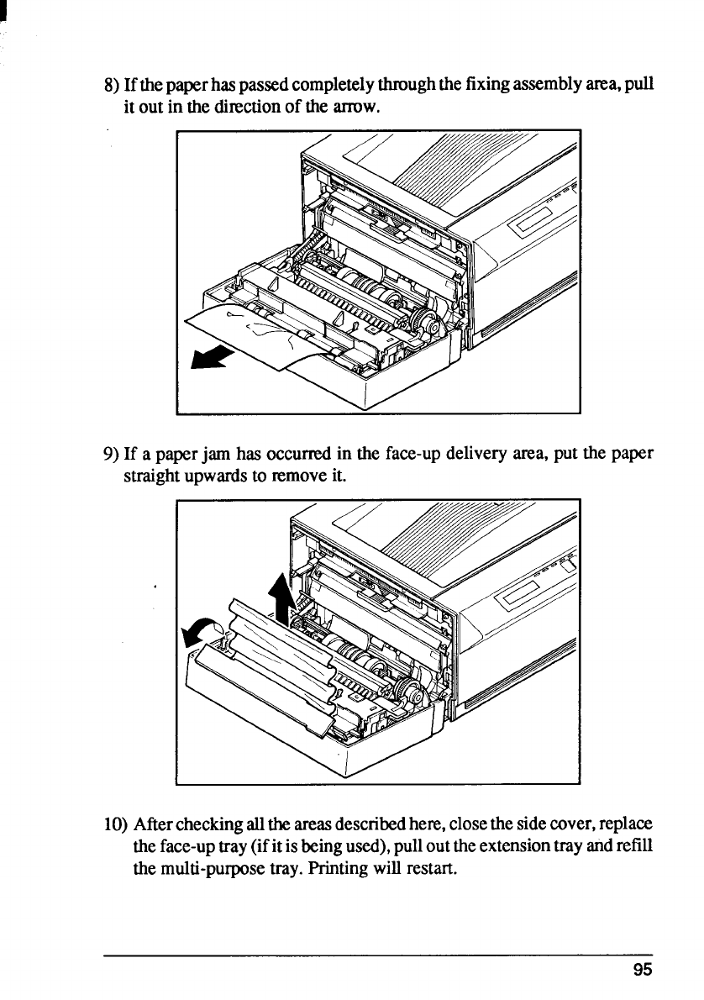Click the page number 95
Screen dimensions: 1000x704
coord(643,969)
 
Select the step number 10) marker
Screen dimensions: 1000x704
coord(113,828)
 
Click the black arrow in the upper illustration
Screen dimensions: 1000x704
coord(209,356)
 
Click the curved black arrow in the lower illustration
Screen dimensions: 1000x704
coord(202,629)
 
